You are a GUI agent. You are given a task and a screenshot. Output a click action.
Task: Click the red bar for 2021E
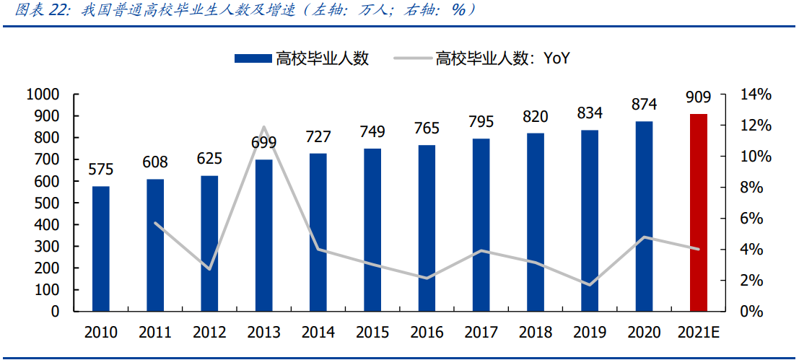coord(698,213)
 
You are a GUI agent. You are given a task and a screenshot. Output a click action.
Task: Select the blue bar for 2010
coord(101,249)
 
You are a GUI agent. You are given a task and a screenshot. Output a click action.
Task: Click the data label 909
coord(698,97)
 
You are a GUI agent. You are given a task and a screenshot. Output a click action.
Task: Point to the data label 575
coord(101,170)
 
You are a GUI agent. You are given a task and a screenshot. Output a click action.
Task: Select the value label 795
coord(481,121)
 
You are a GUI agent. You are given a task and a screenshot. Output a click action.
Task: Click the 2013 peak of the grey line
coord(264,127)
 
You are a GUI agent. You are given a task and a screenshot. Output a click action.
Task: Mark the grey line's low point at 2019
coord(590,284)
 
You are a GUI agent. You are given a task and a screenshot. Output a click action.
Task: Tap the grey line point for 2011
coord(156,223)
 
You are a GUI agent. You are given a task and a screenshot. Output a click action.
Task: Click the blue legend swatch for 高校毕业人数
coord(252,59)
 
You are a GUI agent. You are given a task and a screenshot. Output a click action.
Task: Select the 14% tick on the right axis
coord(756,95)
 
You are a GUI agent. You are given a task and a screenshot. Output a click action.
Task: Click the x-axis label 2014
coord(318,333)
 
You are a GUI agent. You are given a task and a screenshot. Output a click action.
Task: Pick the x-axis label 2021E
coord(699,333)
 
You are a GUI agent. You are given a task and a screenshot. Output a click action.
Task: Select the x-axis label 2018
coord(536,333)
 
